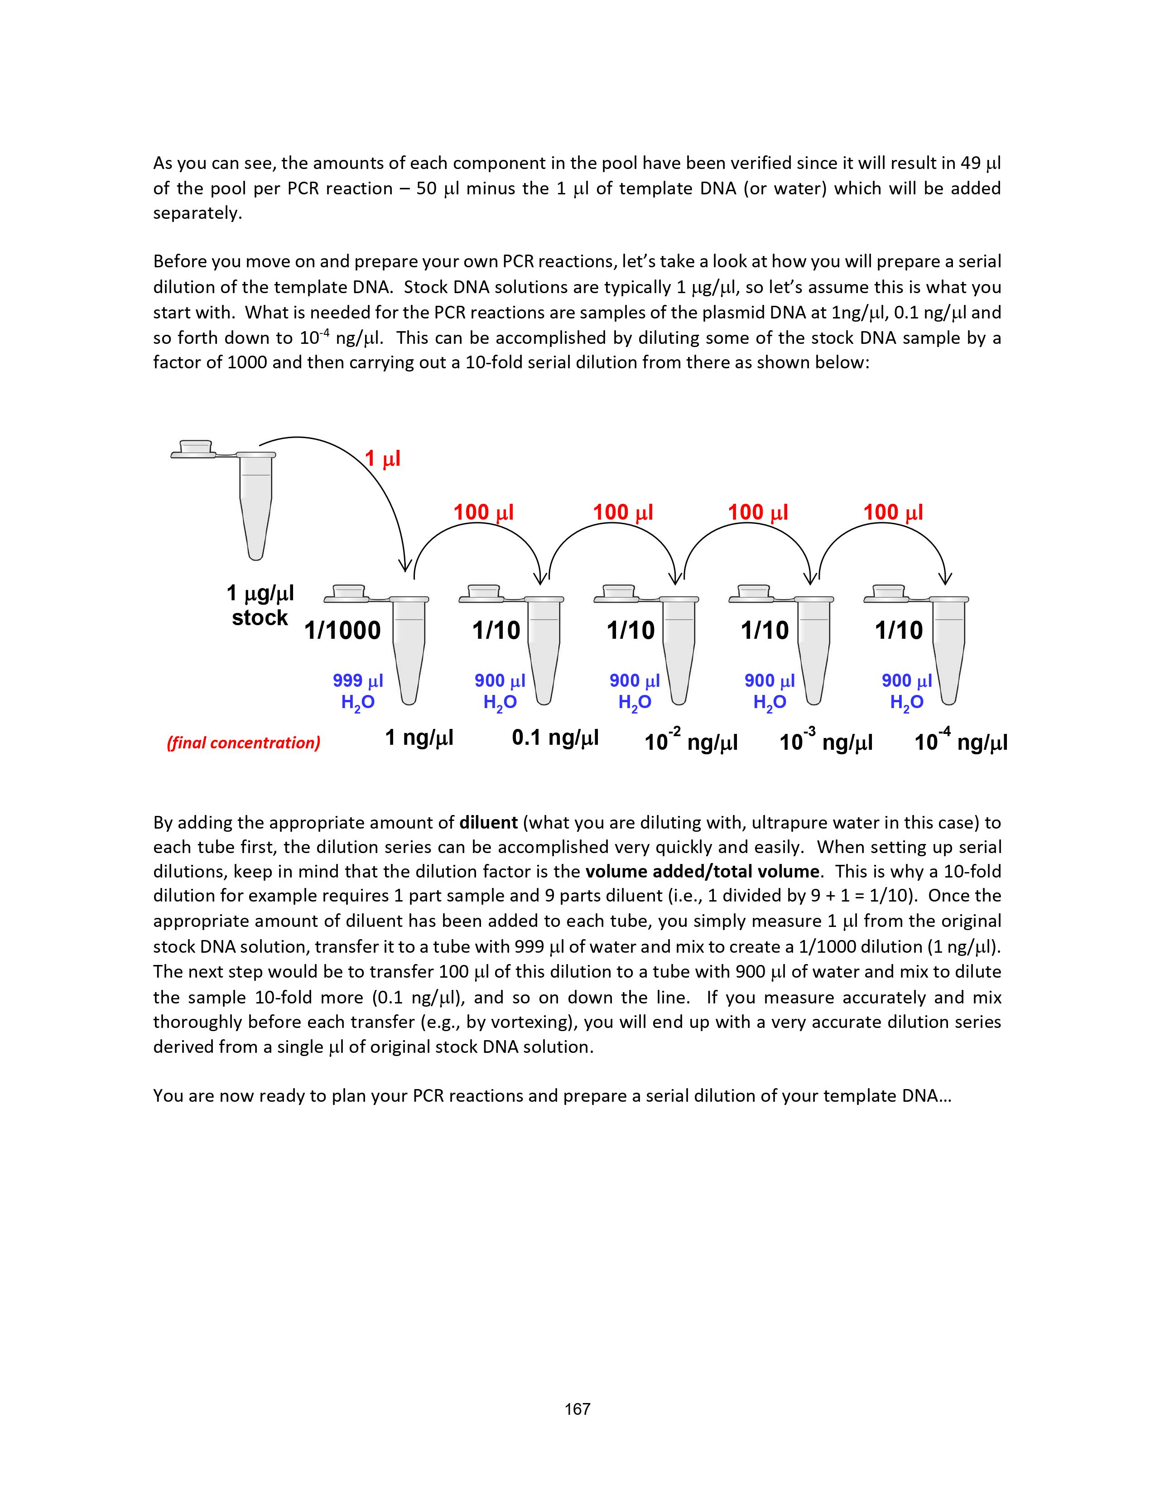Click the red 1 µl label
382,458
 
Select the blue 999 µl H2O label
358,691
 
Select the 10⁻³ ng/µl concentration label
826,741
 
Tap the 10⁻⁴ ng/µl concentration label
961,741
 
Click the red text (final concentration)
244,743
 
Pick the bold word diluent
488,822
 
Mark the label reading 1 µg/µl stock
260,605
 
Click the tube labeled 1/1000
409,647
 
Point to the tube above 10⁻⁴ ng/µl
948,647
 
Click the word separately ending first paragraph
197,213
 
